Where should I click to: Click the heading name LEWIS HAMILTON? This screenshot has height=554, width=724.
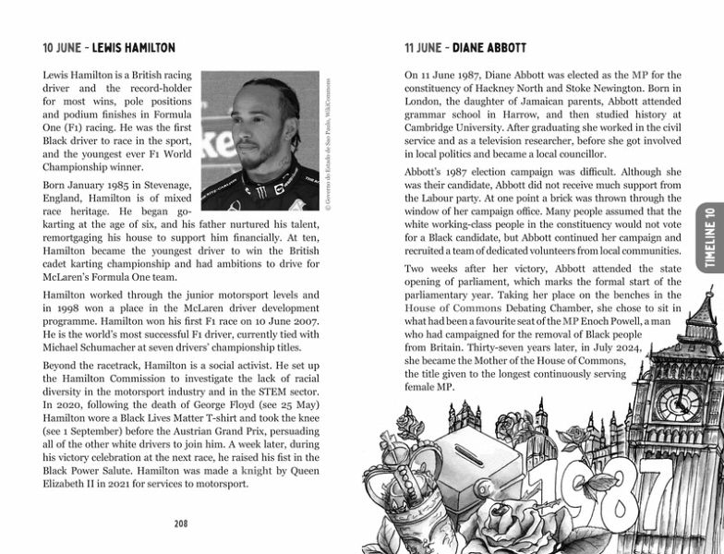(130, 46)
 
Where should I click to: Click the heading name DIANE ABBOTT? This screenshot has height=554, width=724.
(500, 46)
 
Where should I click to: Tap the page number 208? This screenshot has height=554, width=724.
(182, 524)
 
